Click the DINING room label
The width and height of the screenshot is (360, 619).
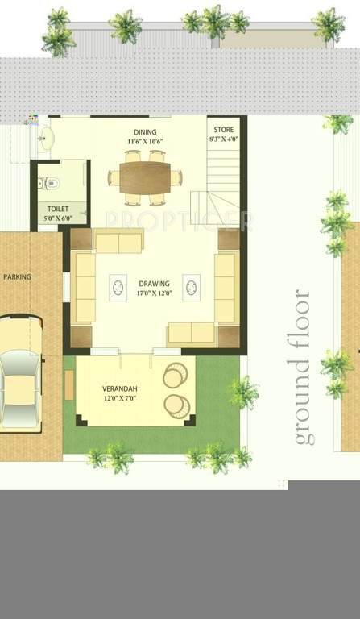(145, 132)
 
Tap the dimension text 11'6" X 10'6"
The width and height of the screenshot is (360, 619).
(145, 143)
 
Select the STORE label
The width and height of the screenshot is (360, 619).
(224, 130)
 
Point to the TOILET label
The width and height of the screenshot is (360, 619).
(58, 209)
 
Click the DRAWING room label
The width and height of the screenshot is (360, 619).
(154, 284)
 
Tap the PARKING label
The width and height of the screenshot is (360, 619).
(17, 276)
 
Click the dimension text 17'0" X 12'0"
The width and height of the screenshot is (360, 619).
(154, 294)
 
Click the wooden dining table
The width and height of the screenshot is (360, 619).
(145, 177)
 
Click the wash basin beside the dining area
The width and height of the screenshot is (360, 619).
(45, 139)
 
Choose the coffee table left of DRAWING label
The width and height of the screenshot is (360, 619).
(118, 288)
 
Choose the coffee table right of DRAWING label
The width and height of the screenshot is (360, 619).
(191, 288)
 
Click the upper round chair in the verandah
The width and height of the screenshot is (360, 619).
(176, 376)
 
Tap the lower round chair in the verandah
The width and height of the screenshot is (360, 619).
(176, 405)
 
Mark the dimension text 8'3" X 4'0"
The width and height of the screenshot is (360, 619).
(224, 139)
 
